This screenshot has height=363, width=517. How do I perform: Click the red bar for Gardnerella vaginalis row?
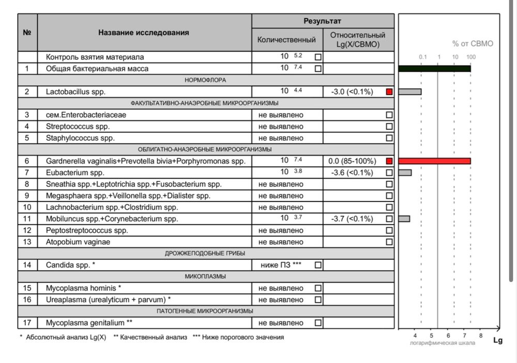434,161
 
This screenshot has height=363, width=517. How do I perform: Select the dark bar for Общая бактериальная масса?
434,69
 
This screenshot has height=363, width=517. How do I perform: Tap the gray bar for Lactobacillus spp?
409,92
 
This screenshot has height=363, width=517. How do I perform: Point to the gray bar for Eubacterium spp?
405,172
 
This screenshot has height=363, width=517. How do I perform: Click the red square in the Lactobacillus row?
389,92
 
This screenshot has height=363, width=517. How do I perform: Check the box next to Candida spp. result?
318,265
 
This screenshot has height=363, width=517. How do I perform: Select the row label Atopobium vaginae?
78,242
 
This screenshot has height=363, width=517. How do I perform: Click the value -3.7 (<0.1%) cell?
352,219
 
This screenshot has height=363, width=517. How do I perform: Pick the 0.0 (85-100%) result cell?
352,161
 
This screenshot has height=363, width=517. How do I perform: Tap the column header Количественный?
286,40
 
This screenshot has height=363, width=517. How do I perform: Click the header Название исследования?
144,33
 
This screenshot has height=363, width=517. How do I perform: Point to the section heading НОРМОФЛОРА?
205,80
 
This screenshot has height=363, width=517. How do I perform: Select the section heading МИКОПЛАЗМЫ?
205,277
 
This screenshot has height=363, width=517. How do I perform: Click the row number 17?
27,323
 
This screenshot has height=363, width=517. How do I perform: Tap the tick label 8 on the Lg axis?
480,335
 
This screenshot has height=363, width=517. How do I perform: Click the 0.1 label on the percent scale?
422,57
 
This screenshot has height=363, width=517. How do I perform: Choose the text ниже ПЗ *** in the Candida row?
282,265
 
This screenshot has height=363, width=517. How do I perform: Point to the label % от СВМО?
473,44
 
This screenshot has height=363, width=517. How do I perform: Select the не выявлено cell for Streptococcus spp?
281,127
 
